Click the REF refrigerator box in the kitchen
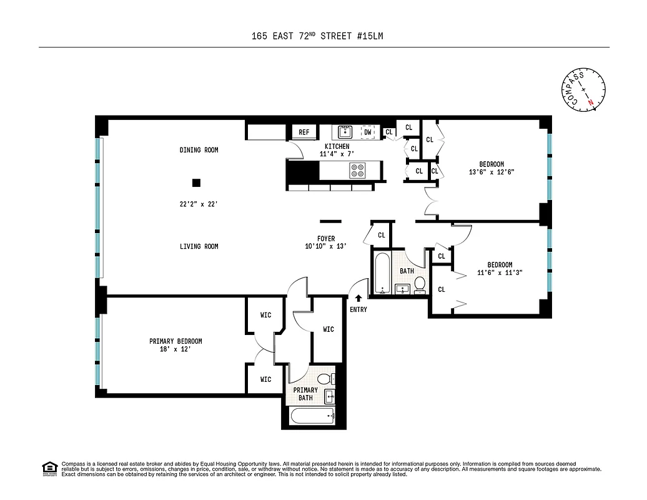(x=304, y=132)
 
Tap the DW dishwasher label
(x=368, y=132)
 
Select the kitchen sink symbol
(x=345, y=132)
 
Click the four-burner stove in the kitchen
(x=358, y=170)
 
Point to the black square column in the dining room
(x=196, y=182)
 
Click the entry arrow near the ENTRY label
(x=358, y=299)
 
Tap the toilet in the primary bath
(x=324, y=379)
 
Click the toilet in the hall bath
(x=420, y=284)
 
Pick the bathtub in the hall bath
(x=382, y=272)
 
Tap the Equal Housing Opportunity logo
(x=49, y=468)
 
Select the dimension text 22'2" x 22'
(x=199, y=204)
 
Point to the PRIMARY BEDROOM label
(x=175, y=341)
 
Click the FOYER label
(x=325, y=239)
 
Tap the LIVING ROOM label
(x=199, y=246)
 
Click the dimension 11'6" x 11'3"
(x=500, y=272)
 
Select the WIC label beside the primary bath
(x=328, y=329)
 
